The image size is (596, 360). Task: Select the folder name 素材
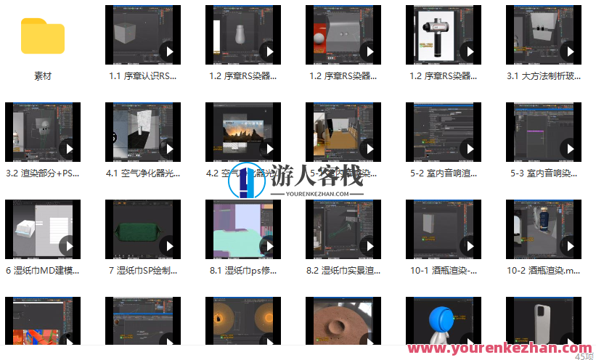[x=43, y=75]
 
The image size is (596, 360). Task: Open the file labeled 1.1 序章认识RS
[x=142, y=75]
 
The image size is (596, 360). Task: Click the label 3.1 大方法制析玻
[x=544, y=75]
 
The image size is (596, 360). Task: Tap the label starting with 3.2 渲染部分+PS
[x=42, y=173]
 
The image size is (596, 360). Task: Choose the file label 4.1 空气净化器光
[x=142, y=173]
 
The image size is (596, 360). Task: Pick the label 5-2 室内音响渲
[x=443, y=173]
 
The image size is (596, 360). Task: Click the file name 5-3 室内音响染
[x=544, y=173]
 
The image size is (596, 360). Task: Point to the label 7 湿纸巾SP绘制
[x=142, y=271]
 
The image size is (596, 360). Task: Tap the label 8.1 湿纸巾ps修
[x=242, y=271]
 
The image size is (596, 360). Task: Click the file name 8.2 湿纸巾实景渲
[x=343, y=271]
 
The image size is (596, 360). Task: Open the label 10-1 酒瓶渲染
[x=443, y=271]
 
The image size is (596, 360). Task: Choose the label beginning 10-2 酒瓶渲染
[x=544, y=271]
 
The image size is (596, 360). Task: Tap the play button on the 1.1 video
[x=168, y=52]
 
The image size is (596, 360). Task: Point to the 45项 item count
[x=583, y=356]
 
